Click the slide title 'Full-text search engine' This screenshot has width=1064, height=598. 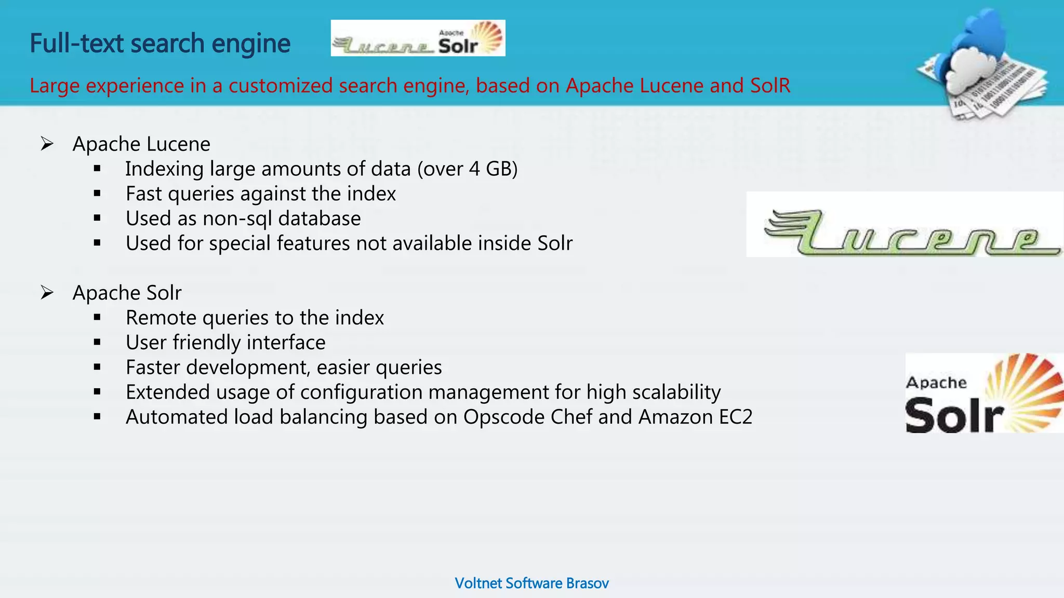[159, 44]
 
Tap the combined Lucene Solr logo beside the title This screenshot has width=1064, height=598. [418, 38]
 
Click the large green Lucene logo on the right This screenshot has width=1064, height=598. [904, 225]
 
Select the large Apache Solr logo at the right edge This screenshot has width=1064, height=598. [983, 393]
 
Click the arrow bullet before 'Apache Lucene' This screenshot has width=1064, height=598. [47, 144]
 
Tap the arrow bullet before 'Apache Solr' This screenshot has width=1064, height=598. [47, 293]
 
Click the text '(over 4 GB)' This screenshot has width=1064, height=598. [467, 169]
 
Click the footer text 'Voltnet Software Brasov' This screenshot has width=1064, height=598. [531, 583]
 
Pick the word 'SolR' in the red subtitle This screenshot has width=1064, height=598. [770, 86]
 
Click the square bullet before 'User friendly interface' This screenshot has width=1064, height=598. [97, 343]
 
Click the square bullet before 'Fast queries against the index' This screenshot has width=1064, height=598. [97, 194]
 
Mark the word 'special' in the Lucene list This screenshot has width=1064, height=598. [240, 243]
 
